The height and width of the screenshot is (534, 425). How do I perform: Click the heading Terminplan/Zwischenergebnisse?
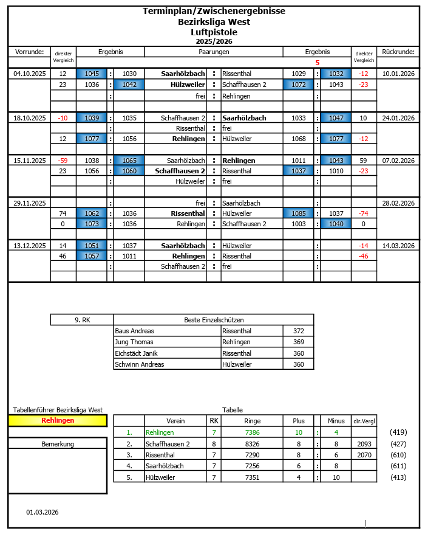coord(213,11)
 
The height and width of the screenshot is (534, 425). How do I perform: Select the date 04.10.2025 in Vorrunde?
coord(30,74)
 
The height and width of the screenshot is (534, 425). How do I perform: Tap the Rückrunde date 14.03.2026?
coord(398,246)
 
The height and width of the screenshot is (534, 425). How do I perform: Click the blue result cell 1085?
coord(298,213)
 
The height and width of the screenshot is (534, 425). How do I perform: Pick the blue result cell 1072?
coord(298,85)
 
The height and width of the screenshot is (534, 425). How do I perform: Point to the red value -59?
coord(63,161)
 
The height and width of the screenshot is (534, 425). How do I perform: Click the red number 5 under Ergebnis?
coord(317,62)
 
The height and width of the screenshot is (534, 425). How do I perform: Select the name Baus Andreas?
coord(134,331)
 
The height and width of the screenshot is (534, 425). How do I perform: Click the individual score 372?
coord(298,331)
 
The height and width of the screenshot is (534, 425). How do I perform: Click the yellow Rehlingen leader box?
coord(58,420)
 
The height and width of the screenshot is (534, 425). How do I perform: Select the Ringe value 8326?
coord(252,444)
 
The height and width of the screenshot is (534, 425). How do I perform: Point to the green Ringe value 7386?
coord(252,432)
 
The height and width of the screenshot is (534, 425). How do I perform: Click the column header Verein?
coord(175,421)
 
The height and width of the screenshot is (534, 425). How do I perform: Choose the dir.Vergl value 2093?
coord(364,444)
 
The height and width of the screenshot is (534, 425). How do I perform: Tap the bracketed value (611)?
coord(399,466)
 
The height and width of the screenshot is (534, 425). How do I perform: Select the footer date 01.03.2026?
coord(42,512)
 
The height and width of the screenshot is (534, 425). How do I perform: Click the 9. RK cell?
coord(82,319)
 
